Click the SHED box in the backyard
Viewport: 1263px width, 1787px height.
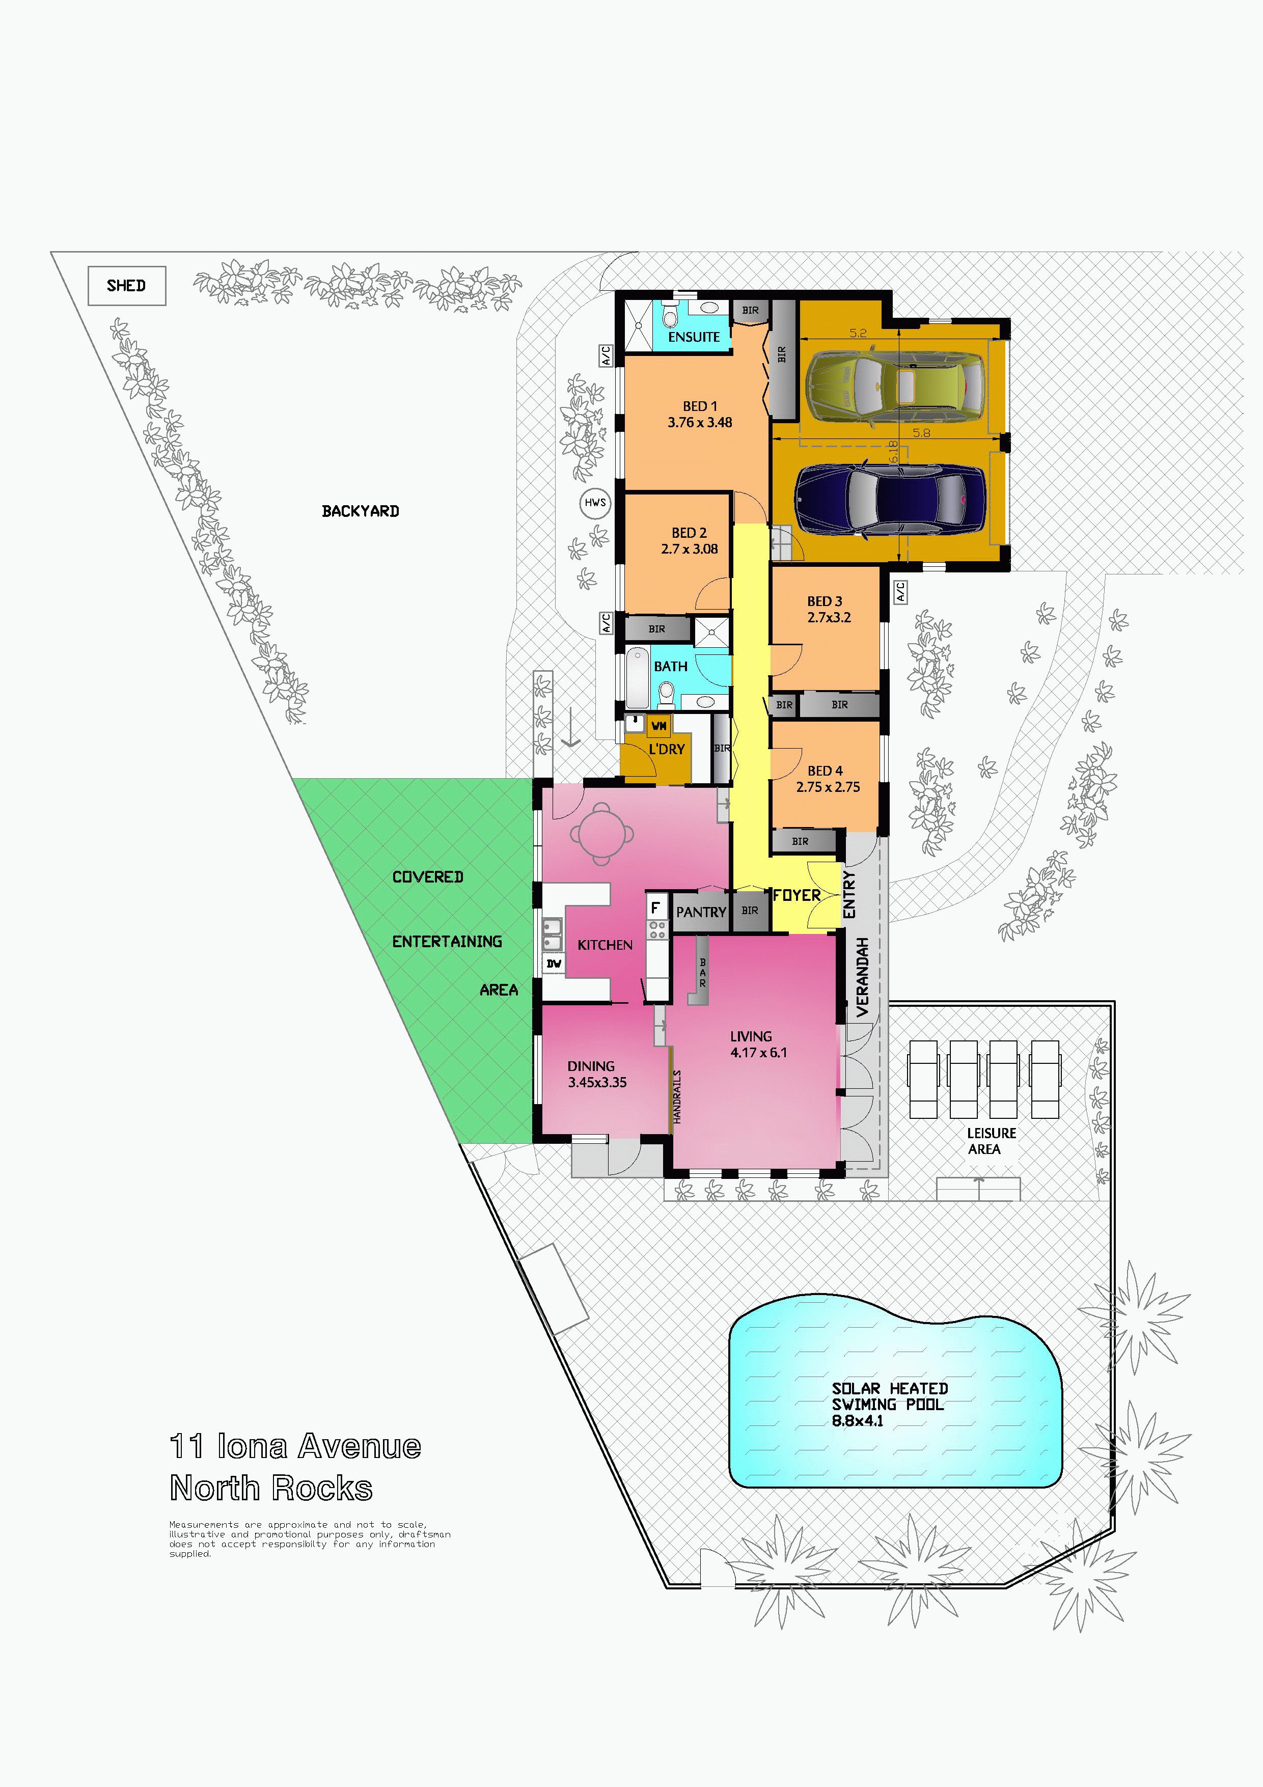tap(127, 286)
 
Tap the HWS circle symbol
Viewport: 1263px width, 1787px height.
tap(595, 503)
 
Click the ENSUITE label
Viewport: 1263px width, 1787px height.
tap(694, 337)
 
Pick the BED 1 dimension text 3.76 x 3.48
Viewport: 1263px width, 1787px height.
tap(700, 423)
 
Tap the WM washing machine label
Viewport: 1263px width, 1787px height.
tap(658, 725)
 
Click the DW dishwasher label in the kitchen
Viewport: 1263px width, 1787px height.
tap(553, 964)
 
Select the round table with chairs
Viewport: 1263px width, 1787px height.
tap(601, 834)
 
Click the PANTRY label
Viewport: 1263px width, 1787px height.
tap(701, 912)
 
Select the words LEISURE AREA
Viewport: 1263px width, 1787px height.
tap(991, 1141)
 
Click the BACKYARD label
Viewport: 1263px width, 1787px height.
tap(360, 511)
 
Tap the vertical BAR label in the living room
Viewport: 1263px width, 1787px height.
tap(703, 973)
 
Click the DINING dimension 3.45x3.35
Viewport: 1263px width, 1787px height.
tap(597, 1083)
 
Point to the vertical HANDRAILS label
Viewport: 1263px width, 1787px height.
tap(677, 1096)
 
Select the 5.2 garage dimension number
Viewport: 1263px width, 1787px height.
tap(858, 333)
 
